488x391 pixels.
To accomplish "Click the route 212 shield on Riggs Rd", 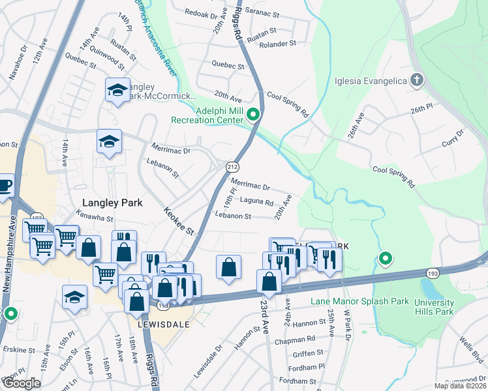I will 232,168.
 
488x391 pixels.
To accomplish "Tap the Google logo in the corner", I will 22,383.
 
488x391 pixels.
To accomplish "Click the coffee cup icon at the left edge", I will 4,184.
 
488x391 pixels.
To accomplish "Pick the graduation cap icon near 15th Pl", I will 75,297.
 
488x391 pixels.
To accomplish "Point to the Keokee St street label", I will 179,222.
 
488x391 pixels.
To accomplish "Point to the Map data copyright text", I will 460,386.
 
